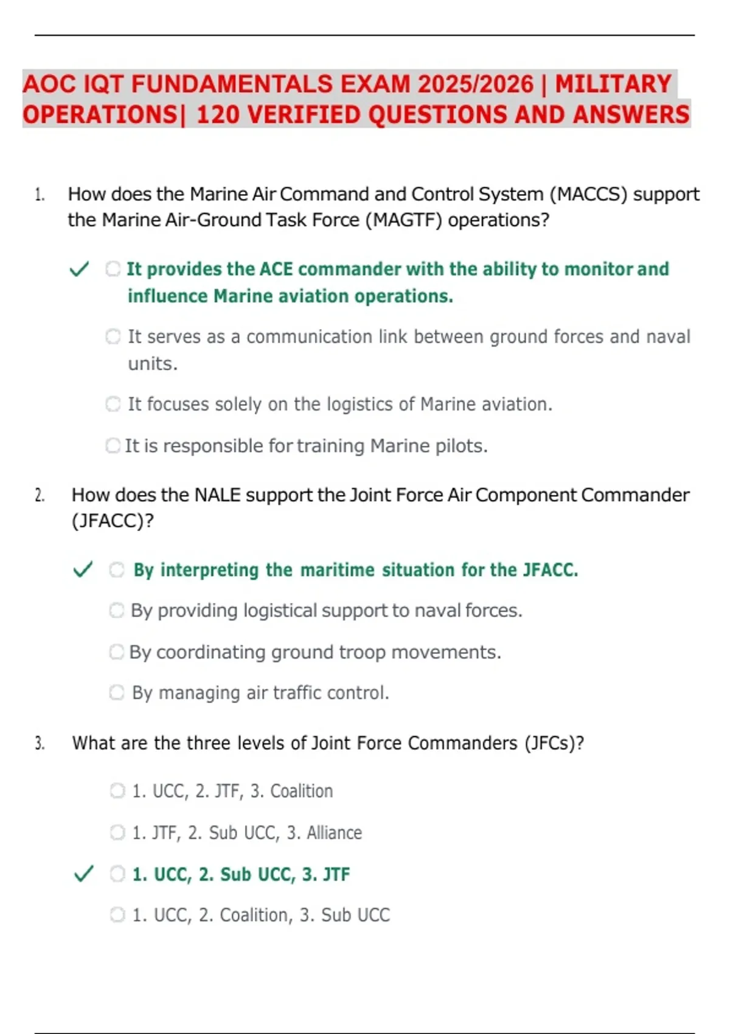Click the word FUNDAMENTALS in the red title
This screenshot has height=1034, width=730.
pos(232,84)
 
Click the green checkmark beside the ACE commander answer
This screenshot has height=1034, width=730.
pos(79,269)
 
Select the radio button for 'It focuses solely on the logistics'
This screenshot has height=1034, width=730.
pos(113,404)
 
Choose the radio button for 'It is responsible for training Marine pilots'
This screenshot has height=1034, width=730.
pos(113,446)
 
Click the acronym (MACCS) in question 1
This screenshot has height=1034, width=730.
pos(588,194)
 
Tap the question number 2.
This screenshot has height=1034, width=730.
pos(40,495)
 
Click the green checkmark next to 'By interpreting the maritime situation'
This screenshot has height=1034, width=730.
pos(83,570)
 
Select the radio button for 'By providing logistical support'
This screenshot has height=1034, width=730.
pos(116,610)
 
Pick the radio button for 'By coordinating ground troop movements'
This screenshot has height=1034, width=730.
pos(116,652)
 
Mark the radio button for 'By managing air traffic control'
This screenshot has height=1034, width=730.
pos(116,692)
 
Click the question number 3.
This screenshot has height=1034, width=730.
pos(40,743)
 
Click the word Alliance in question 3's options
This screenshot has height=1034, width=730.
pos(334,833)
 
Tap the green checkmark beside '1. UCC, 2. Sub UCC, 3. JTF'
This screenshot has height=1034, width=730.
pos(83,874)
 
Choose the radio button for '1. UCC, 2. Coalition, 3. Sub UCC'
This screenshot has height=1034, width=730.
pos(117,915)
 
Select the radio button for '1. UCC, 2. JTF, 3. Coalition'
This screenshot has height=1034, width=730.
pos(117,791)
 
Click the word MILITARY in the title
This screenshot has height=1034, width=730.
pos(613,84)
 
